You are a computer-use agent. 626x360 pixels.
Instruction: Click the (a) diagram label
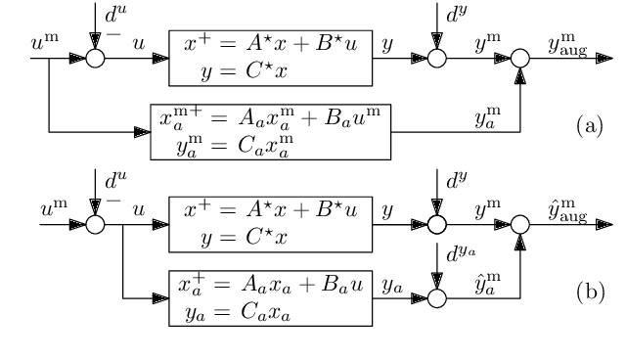click(x=589, y=128)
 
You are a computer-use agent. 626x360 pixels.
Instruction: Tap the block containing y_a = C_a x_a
click(x=270, y=299)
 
